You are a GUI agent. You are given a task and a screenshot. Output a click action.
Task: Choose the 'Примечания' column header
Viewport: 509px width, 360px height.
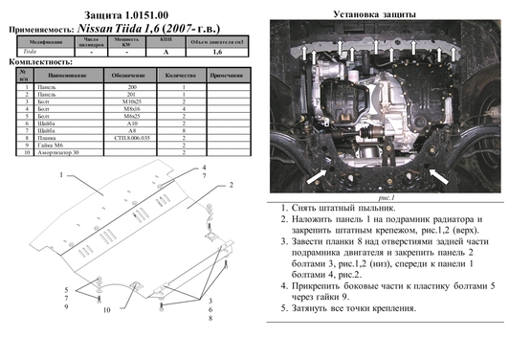[x=226, y=74]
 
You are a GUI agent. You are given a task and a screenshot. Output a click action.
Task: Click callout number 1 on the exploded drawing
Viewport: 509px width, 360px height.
[x=58, y=178]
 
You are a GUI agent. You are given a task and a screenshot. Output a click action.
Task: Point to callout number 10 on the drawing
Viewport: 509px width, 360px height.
[x=108, y=310]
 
